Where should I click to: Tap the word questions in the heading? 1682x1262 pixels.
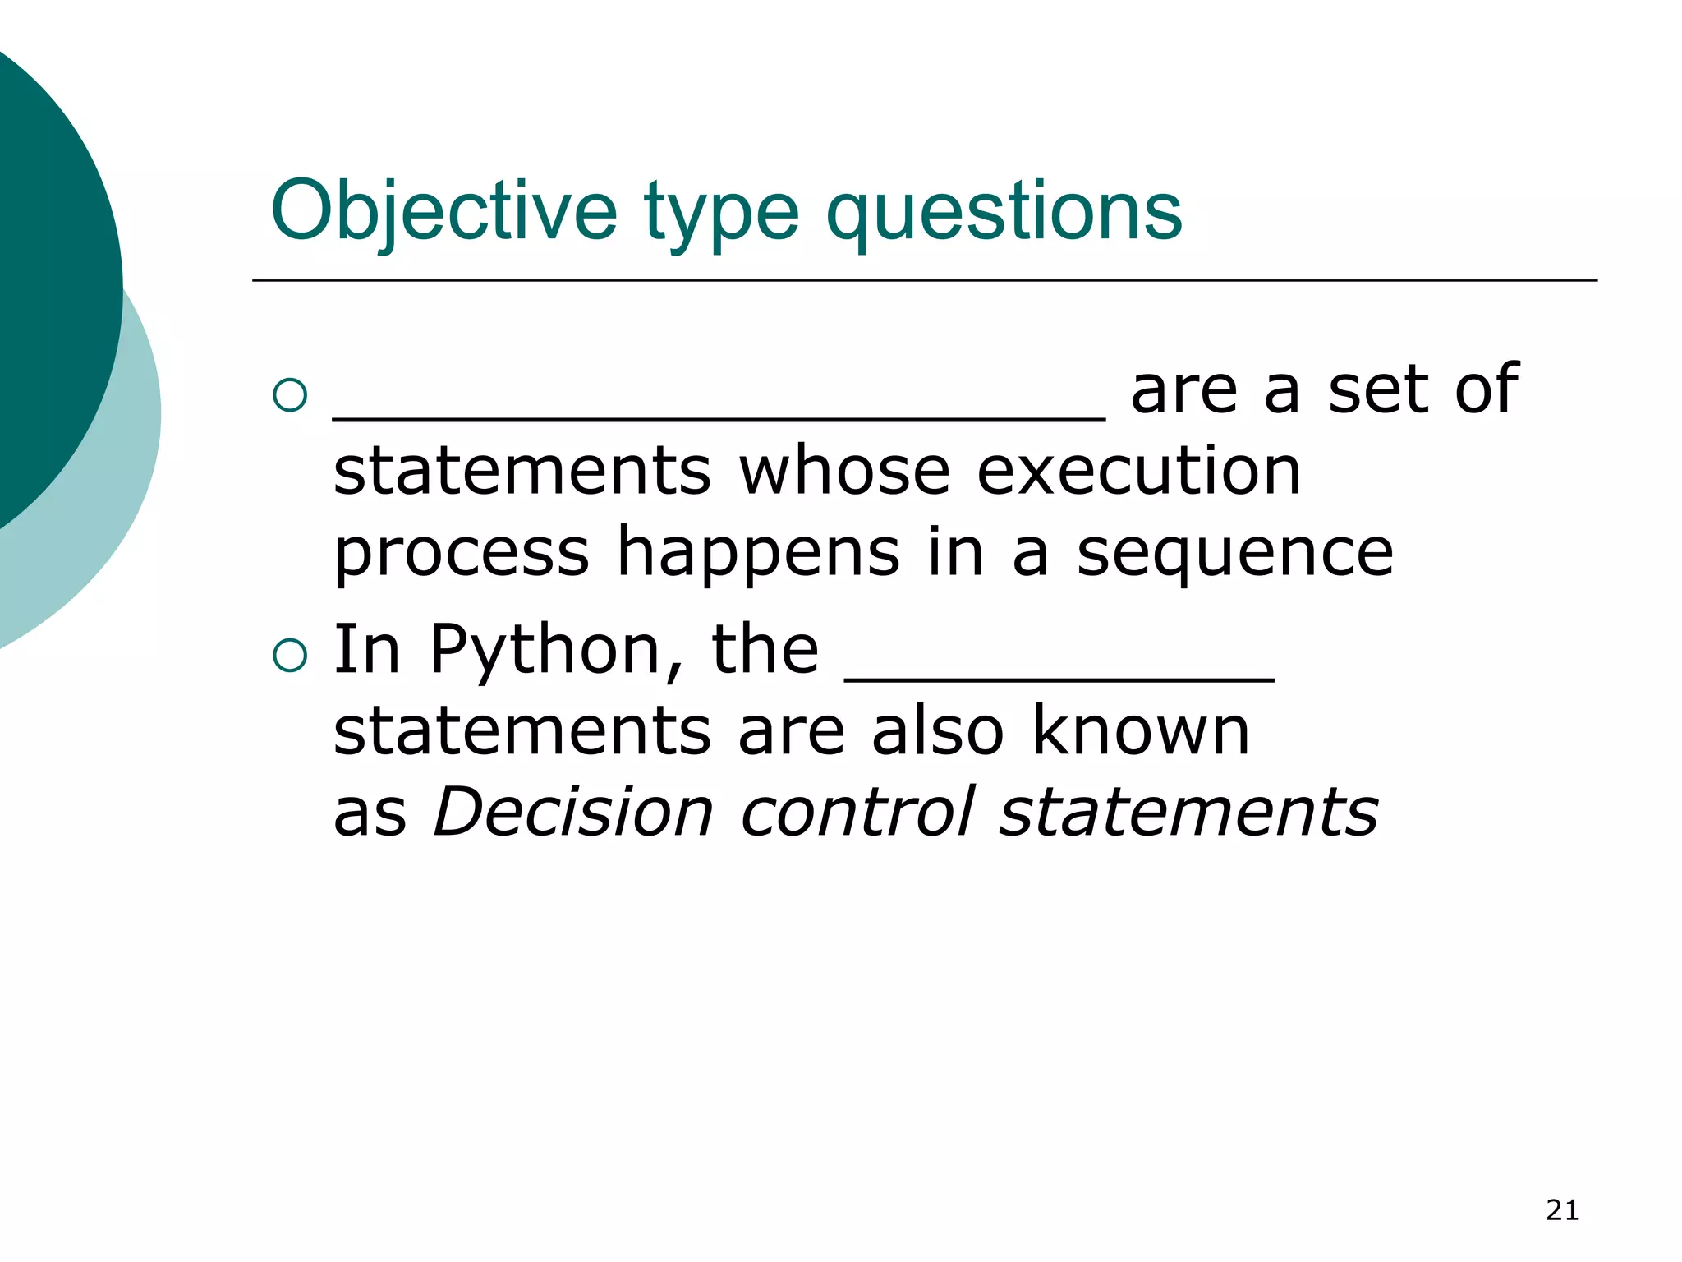pyautogui.click(x=1004, y=211)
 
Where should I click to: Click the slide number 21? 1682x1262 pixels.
pyautogui.click(x=1562, y=1210)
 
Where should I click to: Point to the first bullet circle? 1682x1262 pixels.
pyautogui.click(x=290, y=395)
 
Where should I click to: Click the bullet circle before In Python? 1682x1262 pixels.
pyautogui.click(x=290, y=656)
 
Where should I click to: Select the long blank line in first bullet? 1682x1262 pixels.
pyautogui.click(x=719, y=417)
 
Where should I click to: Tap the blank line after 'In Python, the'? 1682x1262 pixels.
pyautogui.click(x=1059, y=679)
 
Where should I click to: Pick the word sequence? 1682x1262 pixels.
pyautogui.click(x=1234, y=552)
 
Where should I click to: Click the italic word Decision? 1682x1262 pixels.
pyautogui.click(x=573, y=812)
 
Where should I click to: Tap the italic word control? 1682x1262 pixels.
pyautogui.click(x=857, y=812)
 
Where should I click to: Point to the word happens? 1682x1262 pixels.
pyautogui.click(x=758, y=552)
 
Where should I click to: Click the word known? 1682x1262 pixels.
pyautogui.click(x=1140, y=730)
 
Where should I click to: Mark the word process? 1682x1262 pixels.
pyautogui.click(x=462, y=552)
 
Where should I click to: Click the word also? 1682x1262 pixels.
pyautogui.click(x=938, y=730)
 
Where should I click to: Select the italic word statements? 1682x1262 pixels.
pyautogui.click(x=1188, y=812)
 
